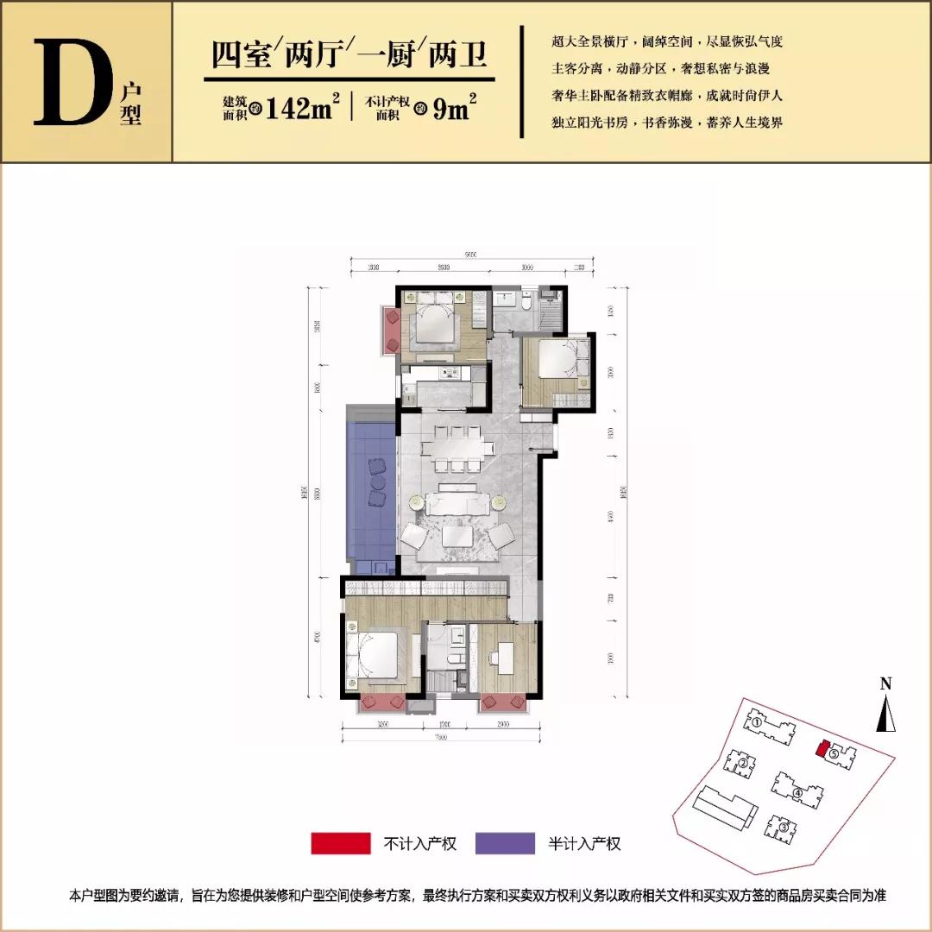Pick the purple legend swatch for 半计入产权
pos(504,843)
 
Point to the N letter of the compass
pos(885,684)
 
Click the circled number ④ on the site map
pos(798,794)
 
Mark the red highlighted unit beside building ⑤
pos(822,747)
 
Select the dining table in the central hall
pos(452,448)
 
